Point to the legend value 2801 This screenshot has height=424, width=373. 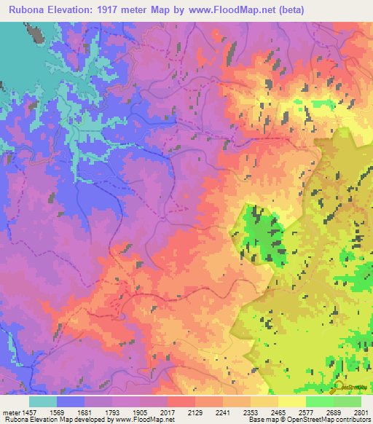pos(360,412)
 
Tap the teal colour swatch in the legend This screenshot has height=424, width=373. pos(43,401)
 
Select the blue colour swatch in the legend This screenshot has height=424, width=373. pos(71,401)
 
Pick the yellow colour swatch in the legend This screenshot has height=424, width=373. pos(292,401)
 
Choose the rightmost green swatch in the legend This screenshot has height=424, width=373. pos(348,401)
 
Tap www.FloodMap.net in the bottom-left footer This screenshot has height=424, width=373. pos(141,420)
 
